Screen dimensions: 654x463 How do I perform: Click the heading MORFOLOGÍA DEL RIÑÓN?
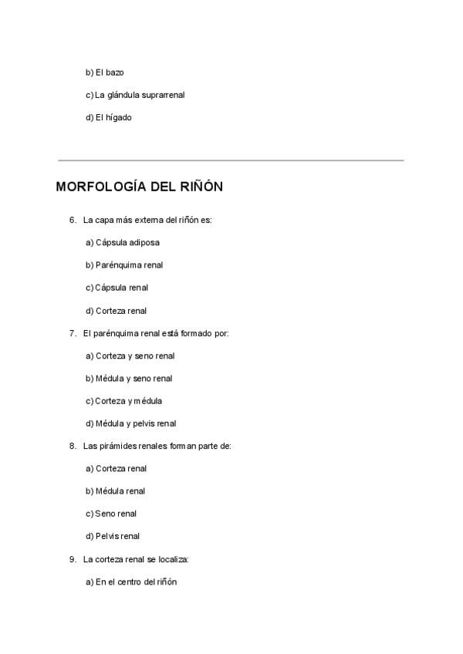(140, 187)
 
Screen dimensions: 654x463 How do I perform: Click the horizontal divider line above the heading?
(231, 160)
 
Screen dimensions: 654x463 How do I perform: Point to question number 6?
(73, 220)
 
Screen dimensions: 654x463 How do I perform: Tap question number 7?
(73, 333)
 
